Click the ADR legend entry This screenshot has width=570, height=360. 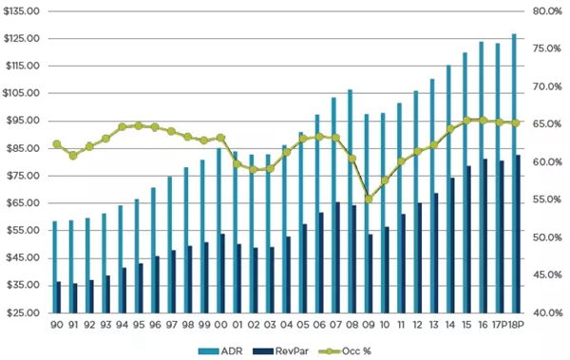click(x=220, y=351)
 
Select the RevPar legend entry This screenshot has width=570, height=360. click(x=280, y=351)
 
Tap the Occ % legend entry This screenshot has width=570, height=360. click(x=345, y=351)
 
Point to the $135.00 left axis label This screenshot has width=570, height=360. click(x=21, y=11)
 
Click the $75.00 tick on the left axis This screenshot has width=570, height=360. click(x=23, y=176)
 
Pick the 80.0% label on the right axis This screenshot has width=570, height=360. click(x=547, y=11)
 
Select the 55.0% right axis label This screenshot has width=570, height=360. click(x=547, y=199)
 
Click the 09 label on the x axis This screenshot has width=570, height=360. click(x=369, y=325)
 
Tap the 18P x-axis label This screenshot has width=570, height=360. click(x=516, y=325)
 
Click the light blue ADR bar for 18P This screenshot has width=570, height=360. click(x=514, y=173)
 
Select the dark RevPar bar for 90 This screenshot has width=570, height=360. click(x=58, y=297)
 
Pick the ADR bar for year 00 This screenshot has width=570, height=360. click(x=218, y=230)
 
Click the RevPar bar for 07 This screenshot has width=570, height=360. click(x=337, y=257)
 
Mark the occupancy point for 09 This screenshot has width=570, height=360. click(x=369, y=199)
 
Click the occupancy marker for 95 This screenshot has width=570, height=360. click(x=139, y=125)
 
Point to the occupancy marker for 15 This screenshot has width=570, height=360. click(x=466, y=121)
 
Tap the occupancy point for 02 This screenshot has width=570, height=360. click(x=254, y=169)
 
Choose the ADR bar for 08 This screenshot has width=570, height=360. click(x=350, y=201)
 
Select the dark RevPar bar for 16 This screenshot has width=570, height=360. click(x=485, y=236)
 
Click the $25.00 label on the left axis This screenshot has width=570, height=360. click(x=23, y=313)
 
